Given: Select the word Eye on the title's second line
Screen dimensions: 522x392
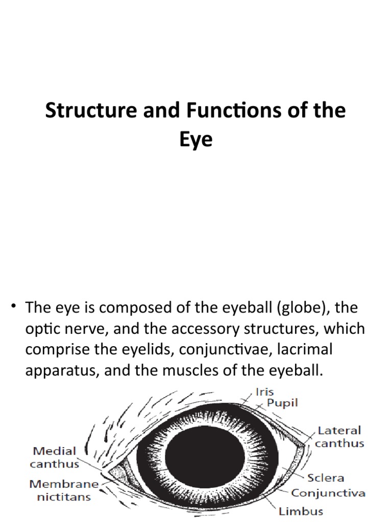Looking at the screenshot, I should point(195,139).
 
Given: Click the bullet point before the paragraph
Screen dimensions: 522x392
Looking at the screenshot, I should point(14,308).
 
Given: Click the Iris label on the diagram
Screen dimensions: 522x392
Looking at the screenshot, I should point(264,392).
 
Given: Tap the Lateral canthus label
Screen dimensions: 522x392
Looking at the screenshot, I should point(339,437).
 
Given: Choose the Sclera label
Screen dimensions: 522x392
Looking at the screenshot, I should point(326,478).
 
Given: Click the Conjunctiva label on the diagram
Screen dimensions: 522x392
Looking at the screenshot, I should point(328,493).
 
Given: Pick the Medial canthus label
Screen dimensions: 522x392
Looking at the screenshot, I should point(55,457).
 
